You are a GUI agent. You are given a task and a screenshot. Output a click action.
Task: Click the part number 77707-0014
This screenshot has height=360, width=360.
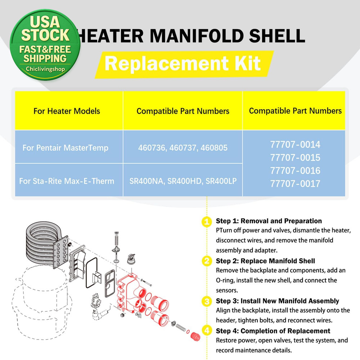(295, 145)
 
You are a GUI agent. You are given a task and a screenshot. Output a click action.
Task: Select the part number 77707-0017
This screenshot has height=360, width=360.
(295, 184)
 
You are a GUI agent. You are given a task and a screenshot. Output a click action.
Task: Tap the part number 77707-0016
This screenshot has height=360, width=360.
(295, 171)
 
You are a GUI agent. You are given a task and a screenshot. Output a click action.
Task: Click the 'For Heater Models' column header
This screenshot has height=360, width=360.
(67, 111)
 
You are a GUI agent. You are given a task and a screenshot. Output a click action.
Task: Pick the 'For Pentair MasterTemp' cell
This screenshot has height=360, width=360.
(65, 148)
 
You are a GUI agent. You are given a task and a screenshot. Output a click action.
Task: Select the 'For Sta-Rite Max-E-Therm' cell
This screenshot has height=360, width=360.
(67, 181)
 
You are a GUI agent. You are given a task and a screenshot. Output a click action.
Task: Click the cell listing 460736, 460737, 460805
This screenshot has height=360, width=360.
(183, 148)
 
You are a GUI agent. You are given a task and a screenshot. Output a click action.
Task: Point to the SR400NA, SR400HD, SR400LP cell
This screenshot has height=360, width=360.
(183, 181)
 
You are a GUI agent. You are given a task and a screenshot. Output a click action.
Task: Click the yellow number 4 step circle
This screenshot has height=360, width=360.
(206, 330)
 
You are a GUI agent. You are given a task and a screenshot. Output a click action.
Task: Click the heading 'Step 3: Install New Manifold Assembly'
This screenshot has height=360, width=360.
(277, 301)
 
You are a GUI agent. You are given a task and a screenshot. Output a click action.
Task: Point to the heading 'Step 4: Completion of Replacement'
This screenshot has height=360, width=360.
(273, 330)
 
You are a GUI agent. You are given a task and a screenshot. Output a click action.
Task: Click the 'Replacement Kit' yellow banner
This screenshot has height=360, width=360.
(183, 64)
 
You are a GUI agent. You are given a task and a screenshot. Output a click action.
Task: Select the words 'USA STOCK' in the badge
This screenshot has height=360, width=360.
(45, 29)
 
